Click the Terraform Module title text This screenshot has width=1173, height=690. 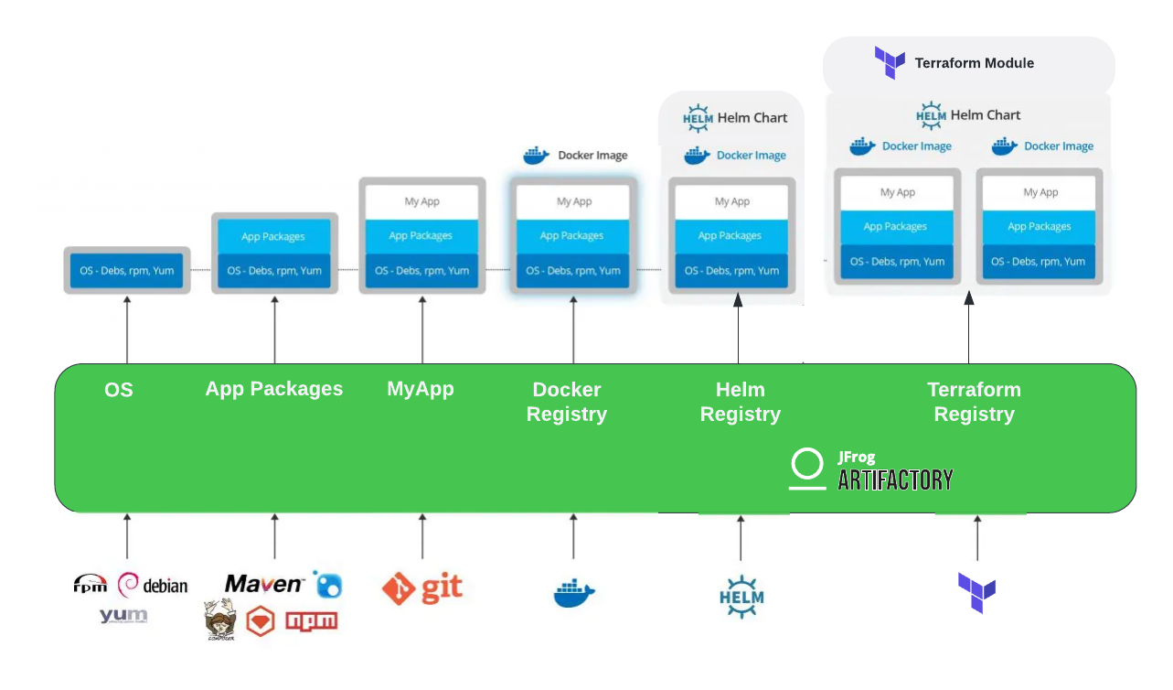point(974,63)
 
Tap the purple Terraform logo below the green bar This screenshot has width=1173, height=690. point(976,593)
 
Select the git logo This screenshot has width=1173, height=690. point(422,588)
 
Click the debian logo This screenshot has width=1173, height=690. point(154,585)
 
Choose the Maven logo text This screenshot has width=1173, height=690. point(263,584)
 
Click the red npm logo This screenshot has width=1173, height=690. point(312,621)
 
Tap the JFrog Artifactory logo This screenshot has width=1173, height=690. point(870,469)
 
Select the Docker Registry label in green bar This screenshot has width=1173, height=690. point(567,402)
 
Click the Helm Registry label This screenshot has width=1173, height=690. point(740,402)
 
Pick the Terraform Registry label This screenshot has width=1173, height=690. point(974,402)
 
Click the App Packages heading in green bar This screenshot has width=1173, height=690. point(274,389)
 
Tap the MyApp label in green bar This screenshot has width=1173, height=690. point(421,389)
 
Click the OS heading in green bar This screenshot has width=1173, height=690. point(119,390)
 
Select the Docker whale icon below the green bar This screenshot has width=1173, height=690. point(574,593)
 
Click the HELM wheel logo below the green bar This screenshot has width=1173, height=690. point(741,596)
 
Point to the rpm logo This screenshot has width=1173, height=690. point(91,584)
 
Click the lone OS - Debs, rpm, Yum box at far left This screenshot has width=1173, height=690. point(126,270)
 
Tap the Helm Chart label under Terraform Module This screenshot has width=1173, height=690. point(968,115)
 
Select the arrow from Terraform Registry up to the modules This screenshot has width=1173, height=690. point(969,329)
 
